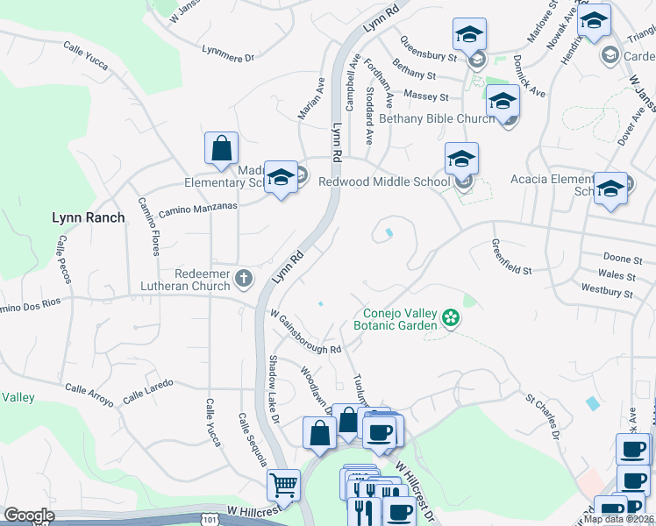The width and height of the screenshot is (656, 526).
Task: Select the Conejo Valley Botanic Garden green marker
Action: click(451, 317)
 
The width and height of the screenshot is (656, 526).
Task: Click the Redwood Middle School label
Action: click(383, 182)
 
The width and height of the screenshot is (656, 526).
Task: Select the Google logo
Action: click(29, 515)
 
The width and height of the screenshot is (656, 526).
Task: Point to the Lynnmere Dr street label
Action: click(227, 54)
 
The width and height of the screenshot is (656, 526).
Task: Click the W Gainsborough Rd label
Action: click(305, 331)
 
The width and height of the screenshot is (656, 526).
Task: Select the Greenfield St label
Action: click(511, 257)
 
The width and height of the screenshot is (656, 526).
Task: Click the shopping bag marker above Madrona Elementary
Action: click(221, 148)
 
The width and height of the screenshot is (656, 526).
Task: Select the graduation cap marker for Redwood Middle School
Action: click(461, 160)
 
